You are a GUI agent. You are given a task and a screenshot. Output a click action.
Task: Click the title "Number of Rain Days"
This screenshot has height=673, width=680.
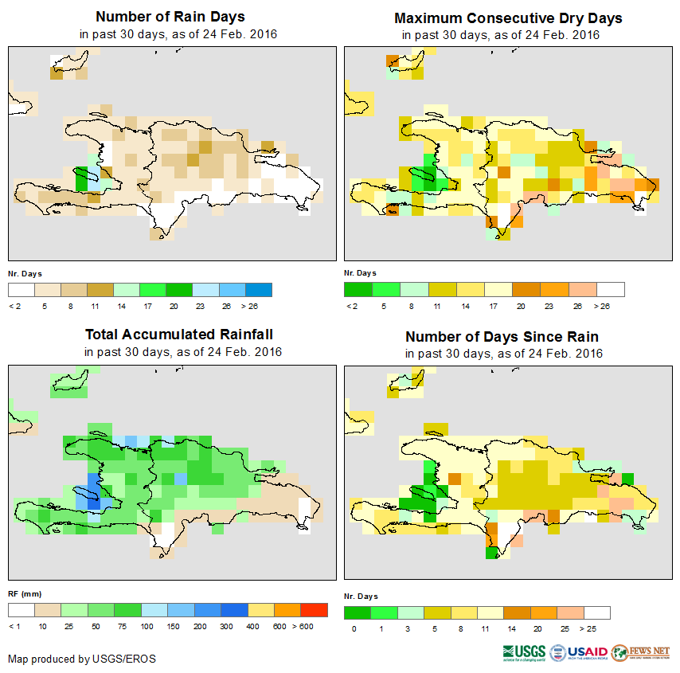tap(170, 17)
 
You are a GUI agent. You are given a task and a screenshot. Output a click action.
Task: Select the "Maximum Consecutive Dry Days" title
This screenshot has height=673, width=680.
tap(508, 18)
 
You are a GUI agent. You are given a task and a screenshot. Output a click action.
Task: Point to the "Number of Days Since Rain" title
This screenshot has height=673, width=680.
tap(502, 336)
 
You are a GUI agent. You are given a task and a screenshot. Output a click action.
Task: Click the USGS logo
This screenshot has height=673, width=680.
tap(523, 652)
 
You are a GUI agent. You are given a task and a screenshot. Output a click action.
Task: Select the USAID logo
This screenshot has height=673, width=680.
tap(579, 652)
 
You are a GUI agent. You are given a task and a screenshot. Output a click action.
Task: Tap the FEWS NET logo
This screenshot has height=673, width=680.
tap(641, 652)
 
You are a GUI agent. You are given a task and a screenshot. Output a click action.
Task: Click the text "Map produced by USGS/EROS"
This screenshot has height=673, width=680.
tap(82, 659)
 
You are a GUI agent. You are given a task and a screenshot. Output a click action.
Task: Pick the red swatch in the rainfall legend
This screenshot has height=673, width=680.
tap(315, 610)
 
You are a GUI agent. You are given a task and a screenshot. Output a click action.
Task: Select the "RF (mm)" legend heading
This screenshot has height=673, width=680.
tap(20, 593)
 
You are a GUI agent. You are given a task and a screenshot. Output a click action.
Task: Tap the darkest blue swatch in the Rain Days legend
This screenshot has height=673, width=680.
tap(259, 289)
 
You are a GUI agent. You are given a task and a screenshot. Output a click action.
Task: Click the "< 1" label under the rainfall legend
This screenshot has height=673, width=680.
tap(15, 627)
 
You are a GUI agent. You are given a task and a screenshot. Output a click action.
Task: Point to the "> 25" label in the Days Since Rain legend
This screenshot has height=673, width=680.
tap(597, 629)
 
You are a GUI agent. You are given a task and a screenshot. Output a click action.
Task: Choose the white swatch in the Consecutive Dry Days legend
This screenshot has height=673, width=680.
tap(611, 289)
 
